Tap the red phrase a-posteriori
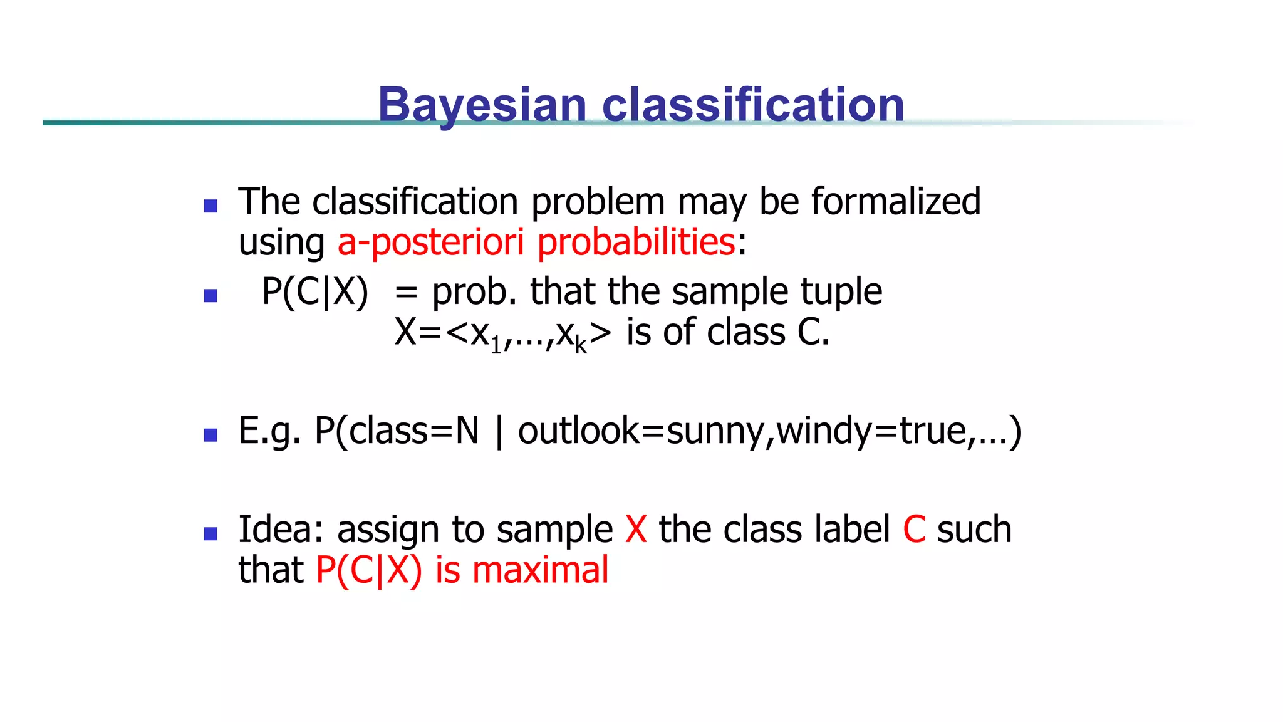click(x=430, y=242)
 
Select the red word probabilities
click(x=636, y=242)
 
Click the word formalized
click(x=895, y=202)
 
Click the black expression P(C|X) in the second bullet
click(x=315, y=292)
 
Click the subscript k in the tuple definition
click(x=581, y=345)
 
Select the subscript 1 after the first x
click(x=496, y=345)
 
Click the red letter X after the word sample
click(x=636, y=530)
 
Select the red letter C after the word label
click(x=914, y=530)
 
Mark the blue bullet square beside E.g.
click(x=210, y=435)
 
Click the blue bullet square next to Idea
click(x=210, y=534)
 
